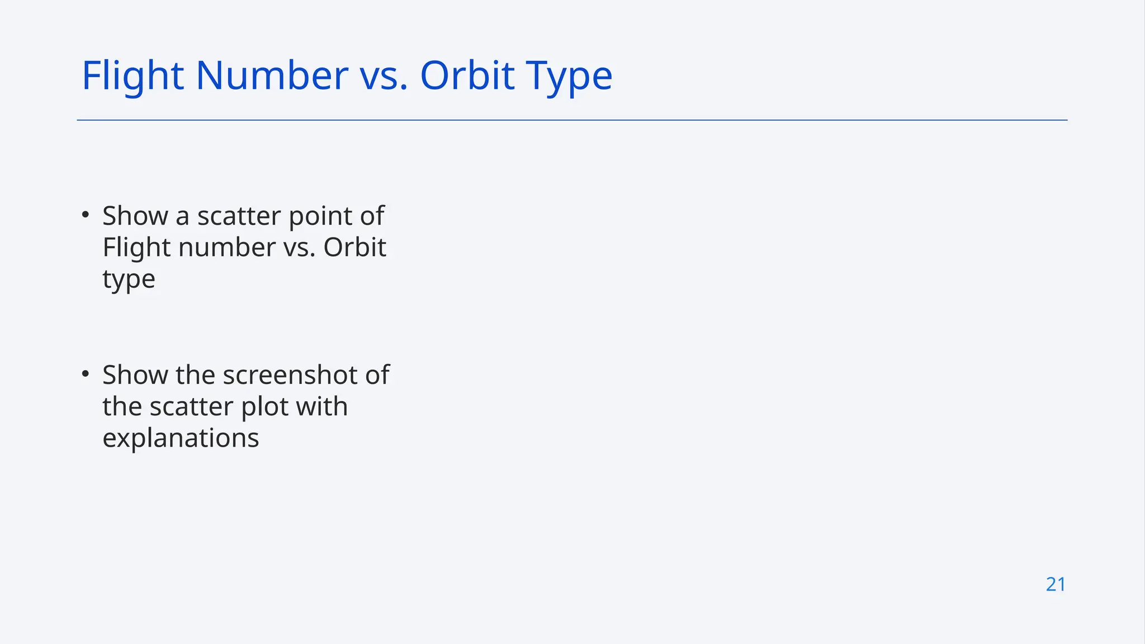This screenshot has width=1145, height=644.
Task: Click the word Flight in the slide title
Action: tap(133, 75)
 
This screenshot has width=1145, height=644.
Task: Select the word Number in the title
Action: tap(272, 75)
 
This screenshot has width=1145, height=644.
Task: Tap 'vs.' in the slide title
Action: tap(383, 75)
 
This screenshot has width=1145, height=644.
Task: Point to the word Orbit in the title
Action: tap(467, 75)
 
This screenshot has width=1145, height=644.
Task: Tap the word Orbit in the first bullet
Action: tap(354, 247)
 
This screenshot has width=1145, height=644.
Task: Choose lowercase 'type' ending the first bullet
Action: tap(129, 280)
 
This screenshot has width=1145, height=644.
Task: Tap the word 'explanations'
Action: tap(181, 438)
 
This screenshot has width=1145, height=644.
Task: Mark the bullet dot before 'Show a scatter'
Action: tap(85, 214)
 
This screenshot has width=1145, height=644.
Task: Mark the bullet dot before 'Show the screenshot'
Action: tap(85, 373)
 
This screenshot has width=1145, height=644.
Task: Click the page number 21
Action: tap(1056, 584)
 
